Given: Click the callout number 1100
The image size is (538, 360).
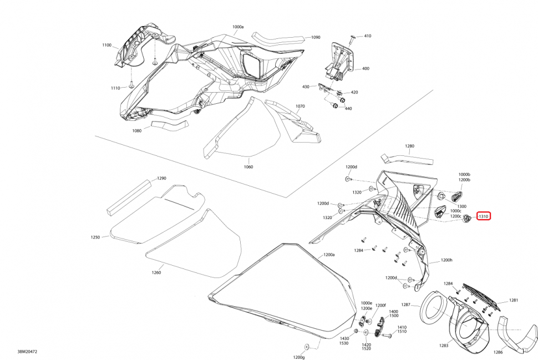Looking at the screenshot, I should (107, 45).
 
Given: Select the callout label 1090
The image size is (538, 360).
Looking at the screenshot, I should (315, 38).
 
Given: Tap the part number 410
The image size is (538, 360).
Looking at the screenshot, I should (367, 36).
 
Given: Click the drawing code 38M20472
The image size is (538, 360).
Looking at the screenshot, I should (28, 352).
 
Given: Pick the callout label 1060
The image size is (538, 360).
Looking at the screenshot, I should (247, 166).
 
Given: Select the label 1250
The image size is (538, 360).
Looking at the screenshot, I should (95, 237).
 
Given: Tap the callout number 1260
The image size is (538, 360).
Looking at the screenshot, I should (156, 272).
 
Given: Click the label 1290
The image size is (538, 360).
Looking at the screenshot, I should (161, 178).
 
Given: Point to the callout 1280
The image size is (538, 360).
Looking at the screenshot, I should (409, 146).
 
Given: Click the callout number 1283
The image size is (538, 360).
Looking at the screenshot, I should (444, 345).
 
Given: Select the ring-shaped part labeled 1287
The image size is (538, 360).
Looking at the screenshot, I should (433, 310).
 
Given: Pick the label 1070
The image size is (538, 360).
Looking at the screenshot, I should (300, 106).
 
